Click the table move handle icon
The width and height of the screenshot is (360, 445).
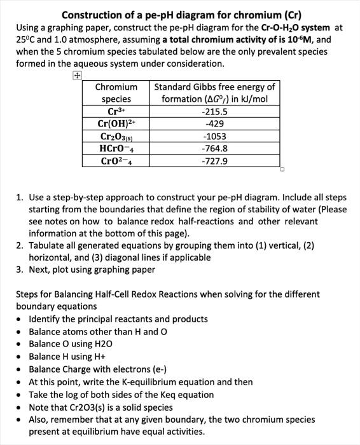point(76,76)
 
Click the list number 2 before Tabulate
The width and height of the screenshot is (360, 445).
point(19,245)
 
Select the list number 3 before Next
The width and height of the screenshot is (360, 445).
point(19,270)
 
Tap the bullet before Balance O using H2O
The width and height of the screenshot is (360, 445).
point(20,343)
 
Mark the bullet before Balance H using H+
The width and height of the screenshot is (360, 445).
point(20,356)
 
